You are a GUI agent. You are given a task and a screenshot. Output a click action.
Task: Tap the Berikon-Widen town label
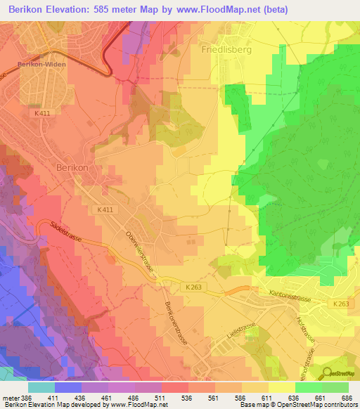point(39,63)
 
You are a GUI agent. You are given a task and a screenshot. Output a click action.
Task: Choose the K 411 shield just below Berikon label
point(104,209)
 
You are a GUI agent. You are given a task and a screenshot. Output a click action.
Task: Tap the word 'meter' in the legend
point(9,398)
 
